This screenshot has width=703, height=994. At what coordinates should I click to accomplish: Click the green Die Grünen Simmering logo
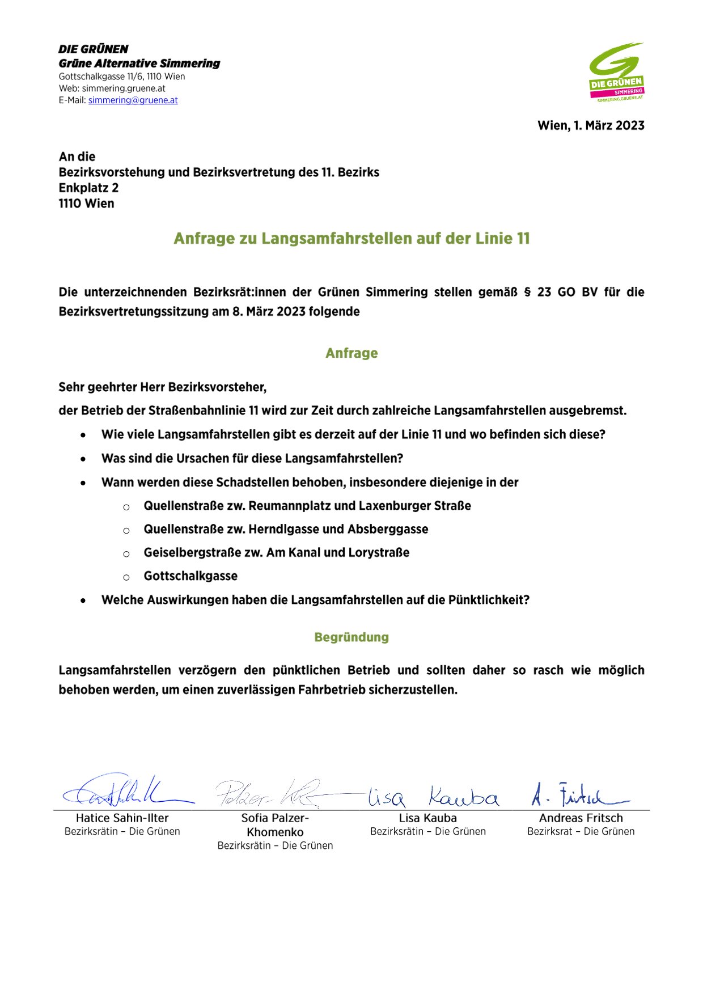[616, 72]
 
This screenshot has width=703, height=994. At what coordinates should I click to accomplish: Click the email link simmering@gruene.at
[133, 100]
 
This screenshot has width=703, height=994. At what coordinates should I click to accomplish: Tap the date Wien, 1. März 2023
[591, 125]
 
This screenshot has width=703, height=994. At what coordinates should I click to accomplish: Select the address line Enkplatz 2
[88, 188]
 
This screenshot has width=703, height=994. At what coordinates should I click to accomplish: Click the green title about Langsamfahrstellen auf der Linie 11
[351, 238]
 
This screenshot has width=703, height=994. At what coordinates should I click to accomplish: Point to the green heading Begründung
[351, 637]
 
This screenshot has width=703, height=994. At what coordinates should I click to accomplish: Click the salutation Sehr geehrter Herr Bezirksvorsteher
[163, 387]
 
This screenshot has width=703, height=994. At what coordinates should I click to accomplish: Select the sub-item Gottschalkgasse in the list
[190, 576]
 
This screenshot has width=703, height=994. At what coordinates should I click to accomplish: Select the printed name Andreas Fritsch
[581, 818]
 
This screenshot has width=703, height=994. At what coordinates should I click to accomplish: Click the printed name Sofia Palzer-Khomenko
[275, 825]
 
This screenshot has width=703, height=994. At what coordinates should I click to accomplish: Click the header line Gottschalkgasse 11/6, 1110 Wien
[122, 77]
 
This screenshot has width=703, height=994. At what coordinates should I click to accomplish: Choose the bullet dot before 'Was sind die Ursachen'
[83, 459]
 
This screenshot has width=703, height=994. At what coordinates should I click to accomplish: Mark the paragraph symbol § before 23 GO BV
[527, 293]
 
